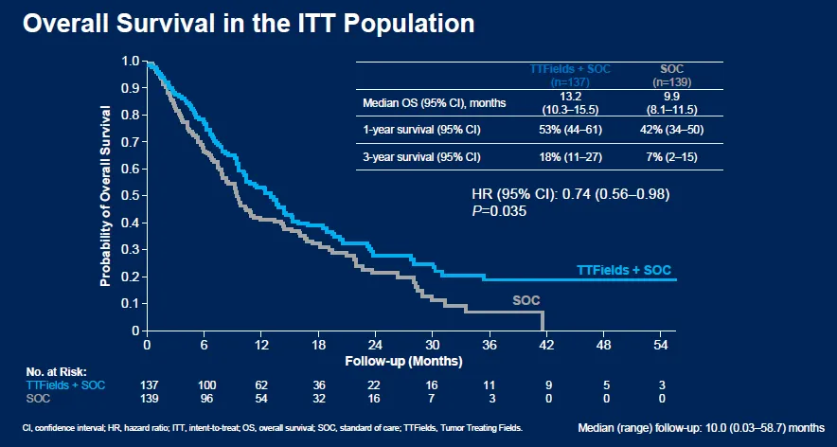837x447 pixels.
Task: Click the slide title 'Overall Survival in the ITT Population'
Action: [x=248, y=24]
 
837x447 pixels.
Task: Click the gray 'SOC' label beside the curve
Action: [x=526, y=300]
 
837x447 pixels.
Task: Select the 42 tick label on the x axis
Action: [x=544, y=346]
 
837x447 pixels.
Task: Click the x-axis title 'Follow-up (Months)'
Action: [x=403, y=362]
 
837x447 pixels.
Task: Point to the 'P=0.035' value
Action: [x=499, y=210]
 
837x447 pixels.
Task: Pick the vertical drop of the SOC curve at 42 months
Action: [x=543, y=322]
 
